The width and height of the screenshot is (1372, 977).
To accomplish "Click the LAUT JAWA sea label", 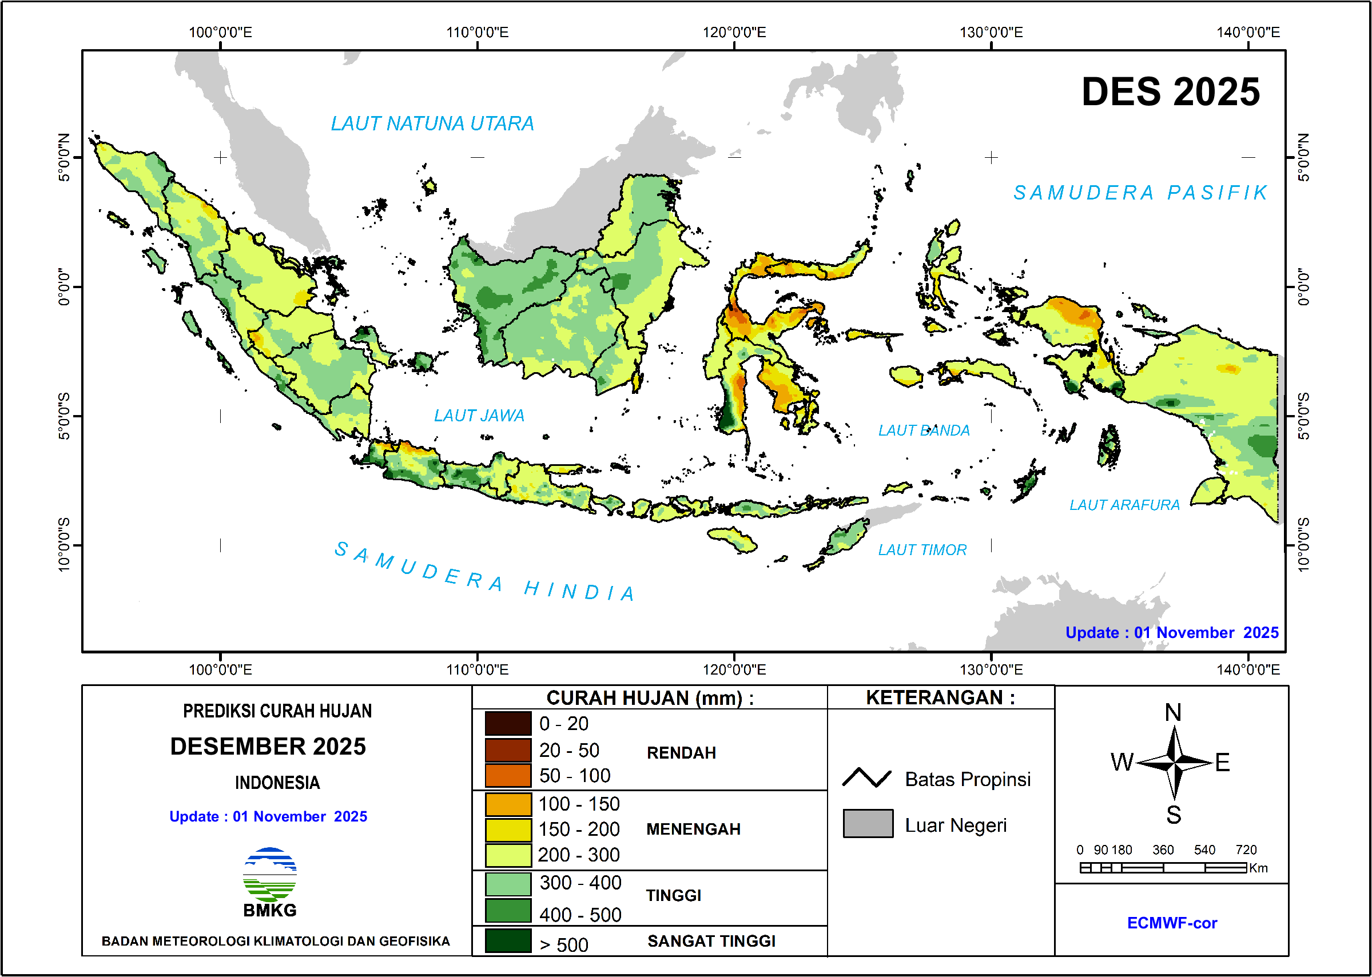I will pyautogui.click(x=479, y=416).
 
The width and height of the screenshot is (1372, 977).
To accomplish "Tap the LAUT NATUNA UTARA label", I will pyautogui.click(x=432, y=124).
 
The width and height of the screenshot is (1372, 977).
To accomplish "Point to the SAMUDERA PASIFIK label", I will pyautogui.click(x=1140, y=193).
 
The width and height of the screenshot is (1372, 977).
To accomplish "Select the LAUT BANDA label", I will pyautogui.click(x=924, y=430).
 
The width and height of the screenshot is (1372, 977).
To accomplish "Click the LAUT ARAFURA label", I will pyautogui.click(x=1124, y=505).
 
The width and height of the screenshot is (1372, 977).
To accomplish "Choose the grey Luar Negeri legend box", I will pyautogui.click(x=868, y=824).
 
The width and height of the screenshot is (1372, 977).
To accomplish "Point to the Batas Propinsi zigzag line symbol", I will pyautogui.click(x=866, y=779).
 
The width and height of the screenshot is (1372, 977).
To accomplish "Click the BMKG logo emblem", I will pyautogui.click(x=269, y=875).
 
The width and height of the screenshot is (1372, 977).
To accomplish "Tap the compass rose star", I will pyautogui.click(x=1174, y=763).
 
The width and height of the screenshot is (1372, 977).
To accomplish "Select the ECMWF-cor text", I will pyautogui.click(x=1172, y=923).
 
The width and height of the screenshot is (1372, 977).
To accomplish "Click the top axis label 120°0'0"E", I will pyautogui.click(x=734, y=33).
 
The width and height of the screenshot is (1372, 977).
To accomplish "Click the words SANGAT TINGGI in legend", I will pyautogui.click(x=711, y=942).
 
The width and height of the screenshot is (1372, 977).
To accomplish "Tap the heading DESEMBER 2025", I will pyautogui.click(x=268, y=747).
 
